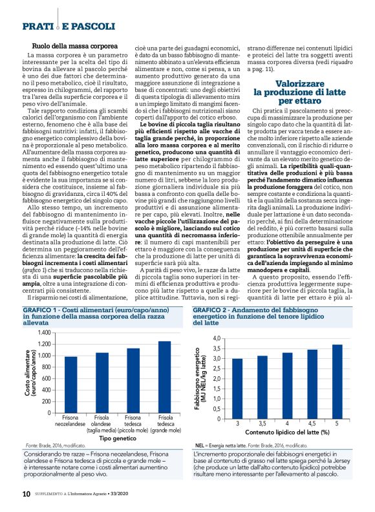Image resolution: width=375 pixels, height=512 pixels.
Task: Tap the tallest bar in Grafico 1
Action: click(x=165, y=377)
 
